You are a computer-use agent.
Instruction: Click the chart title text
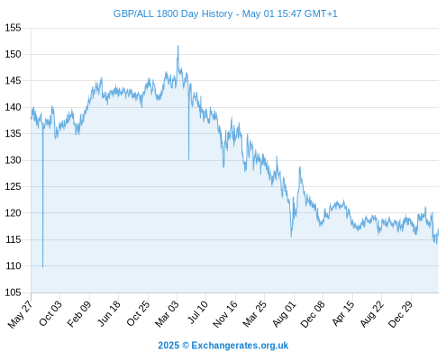225,13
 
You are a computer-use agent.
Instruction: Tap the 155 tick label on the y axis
13,28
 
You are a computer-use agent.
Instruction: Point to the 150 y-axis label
13,54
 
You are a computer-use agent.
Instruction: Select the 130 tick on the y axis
13,160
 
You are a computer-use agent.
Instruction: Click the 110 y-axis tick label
13,266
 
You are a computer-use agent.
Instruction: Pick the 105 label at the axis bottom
13,292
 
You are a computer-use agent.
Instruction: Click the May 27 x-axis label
21,314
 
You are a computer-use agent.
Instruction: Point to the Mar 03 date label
167,313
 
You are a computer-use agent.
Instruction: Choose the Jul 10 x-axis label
198,312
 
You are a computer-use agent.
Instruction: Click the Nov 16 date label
225,314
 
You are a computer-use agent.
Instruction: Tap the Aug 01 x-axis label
285,314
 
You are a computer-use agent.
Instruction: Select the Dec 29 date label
401,314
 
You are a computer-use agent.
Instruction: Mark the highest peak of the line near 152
177,46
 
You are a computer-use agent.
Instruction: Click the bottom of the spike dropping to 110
43,267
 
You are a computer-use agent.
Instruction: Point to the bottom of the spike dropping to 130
188,160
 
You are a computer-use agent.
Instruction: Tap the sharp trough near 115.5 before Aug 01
291,237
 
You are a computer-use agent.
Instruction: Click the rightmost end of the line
439,229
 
